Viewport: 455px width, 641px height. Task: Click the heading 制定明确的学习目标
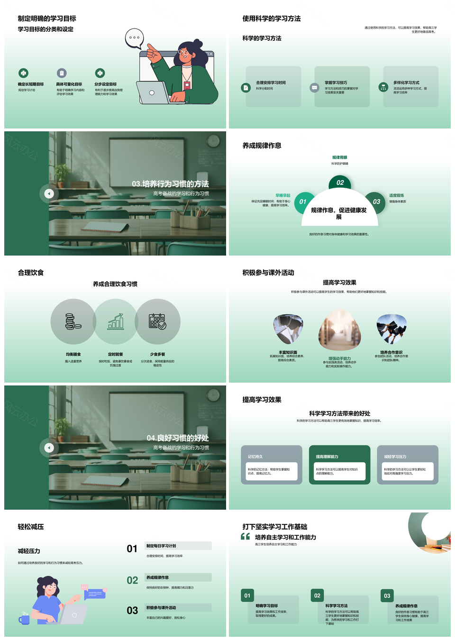[x=47, y=18]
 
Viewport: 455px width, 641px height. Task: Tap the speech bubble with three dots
[x=134, y=38]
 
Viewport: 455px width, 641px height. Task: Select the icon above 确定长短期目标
[x=23, y=73]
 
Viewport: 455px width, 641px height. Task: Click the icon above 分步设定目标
[x=100, y=73]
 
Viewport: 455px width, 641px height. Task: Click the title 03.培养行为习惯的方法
[x=170, y=184]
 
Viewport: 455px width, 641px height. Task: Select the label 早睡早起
[x=283, y=195]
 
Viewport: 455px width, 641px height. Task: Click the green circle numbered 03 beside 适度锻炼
[x=376, y=201]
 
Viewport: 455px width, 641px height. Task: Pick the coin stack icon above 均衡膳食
[x=73, y=321]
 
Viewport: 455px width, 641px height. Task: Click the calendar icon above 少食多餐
[x=157, y=321]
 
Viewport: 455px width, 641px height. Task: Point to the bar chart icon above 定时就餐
[x=116, y=321]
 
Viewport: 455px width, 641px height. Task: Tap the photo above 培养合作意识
[x=391, y=329]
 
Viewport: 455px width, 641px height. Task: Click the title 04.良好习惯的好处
[x=177, y=438]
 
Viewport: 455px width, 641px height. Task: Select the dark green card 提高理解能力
[x=339, y=465]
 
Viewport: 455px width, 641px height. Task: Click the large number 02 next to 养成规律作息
[x=132, y=580]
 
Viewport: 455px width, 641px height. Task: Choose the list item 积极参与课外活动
[x=161, y=608]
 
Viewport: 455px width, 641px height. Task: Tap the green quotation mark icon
[x=245, y=537]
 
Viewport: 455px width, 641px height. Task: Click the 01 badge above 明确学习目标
[x=247, y=595]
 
